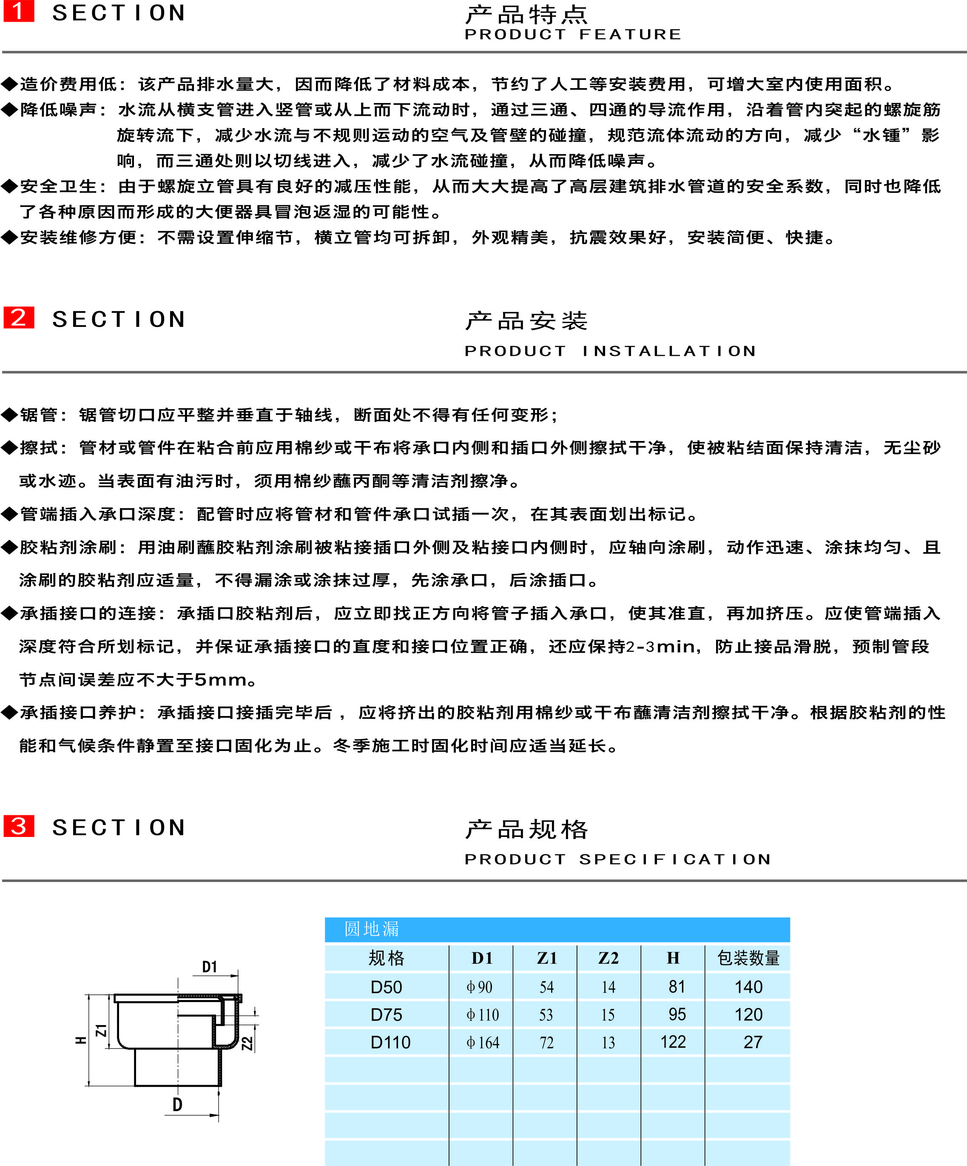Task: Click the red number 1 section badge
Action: click(19, 11)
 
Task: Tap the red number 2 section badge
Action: click(19, 317)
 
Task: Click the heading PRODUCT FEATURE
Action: click(572, 34)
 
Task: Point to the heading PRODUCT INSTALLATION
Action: click(610, 351)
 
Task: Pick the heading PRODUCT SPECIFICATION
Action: click(617, 859)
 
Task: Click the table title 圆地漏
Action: click(371, 928)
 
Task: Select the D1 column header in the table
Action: click(481, 958)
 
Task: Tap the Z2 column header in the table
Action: click(609, 958)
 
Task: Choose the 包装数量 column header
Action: click(748, 958)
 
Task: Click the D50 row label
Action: click(386, 987)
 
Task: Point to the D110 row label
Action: click(390, 1042)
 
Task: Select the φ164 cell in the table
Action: click(483, 1042)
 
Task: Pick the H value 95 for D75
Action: click(677, 1014)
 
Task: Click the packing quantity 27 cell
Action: click(752, 1042)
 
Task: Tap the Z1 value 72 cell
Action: click(546, 1042)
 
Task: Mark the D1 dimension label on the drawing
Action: click(209, 967)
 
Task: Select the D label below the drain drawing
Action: click(177, 1104)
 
